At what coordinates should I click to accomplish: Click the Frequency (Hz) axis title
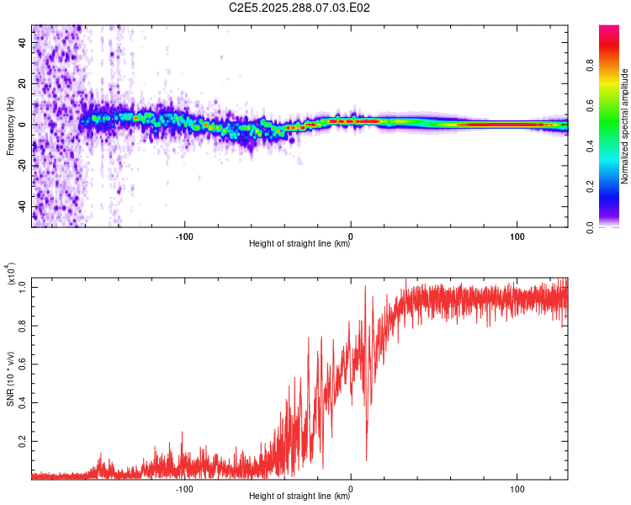(10, 125)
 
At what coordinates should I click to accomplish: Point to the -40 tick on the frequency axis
(20, 206)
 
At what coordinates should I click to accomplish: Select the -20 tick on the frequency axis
(20, 166)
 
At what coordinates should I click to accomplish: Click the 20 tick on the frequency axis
(23, 84)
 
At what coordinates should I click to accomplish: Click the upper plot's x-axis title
(300, 244)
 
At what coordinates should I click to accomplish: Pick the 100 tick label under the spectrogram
(517, 235)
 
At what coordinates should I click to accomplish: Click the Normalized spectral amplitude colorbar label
(624, 125)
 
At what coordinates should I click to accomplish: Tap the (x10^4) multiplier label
(11, 274)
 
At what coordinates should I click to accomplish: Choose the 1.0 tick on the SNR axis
(21, 287)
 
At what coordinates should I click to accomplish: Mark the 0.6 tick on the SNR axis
(21, 364)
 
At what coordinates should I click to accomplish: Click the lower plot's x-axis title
(300, 497)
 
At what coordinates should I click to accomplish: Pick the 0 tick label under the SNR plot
(351, 487)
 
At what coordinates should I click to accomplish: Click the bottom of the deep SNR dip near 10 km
(366, 460)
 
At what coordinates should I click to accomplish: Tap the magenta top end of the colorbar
(610, 29)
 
